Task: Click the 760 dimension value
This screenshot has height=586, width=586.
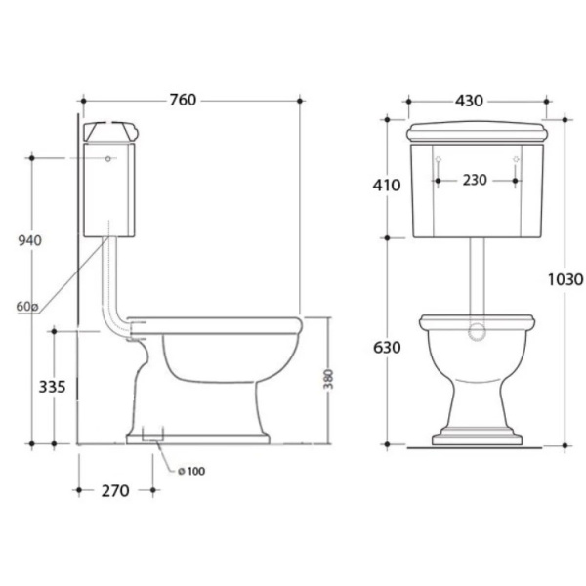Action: click(183, 100)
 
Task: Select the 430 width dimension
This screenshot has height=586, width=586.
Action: click(469, 101)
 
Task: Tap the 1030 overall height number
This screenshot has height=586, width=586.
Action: click(565, 279)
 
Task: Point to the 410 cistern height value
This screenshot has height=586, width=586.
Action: click(387, 185)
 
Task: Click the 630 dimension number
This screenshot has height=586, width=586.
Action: click(387, 348)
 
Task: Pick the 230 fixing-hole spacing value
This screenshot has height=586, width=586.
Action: click(475, 180)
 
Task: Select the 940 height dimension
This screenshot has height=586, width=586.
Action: click(30, 240)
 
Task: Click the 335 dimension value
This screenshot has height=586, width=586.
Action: click(52, 387)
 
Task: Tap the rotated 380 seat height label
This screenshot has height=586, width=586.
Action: click(328, 379)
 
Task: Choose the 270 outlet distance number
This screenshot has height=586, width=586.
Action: click(115, 491)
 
